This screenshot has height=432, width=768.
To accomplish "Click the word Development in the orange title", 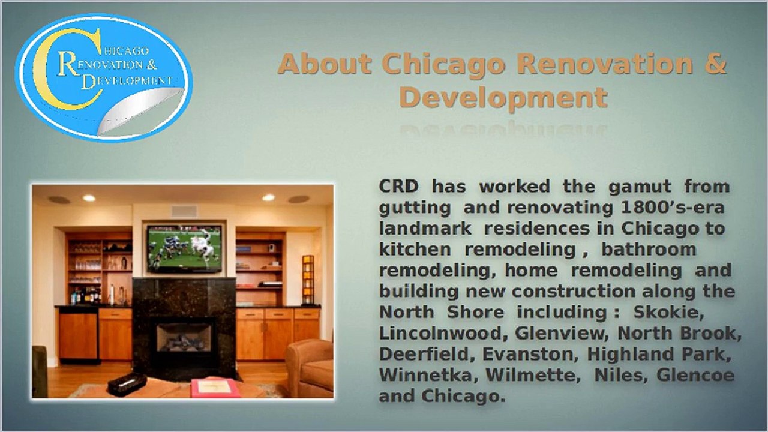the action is [x=503, y=98].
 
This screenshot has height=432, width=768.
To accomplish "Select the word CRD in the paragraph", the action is [x=399, y=187].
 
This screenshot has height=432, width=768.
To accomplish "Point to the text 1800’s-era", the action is [x=673, y=208].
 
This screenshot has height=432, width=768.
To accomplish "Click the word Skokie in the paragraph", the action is [x=668, y=312].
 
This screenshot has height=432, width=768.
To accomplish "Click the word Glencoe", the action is [x=695, y=375].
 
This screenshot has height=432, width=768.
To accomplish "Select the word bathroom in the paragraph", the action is [x=649, y=249].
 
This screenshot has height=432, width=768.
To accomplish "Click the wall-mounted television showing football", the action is [x=184, y=248].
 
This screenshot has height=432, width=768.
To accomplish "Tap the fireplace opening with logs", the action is [x=184, y=337].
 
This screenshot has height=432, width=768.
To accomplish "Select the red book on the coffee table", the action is [x=215, y=388].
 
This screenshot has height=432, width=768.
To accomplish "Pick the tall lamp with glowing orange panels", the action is [x=308, y=280].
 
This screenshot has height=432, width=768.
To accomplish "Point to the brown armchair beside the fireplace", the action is [x=310, y=368].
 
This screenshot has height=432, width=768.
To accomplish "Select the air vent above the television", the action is [x=184, y=211].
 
